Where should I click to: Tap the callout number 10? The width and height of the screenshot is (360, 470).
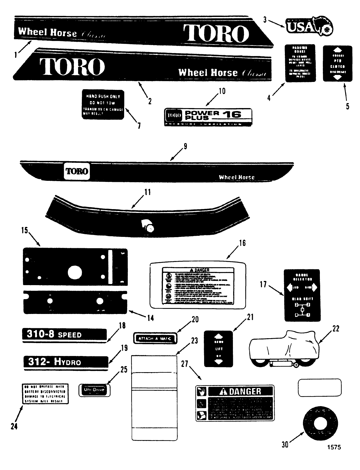click(222, 91)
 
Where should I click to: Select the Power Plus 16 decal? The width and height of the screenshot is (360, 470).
click(208, 117)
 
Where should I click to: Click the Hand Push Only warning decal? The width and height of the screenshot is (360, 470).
click(103, 104)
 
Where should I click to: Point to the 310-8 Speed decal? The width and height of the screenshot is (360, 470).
click(64, 335)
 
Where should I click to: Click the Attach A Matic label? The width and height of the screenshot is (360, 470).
click(155, 338)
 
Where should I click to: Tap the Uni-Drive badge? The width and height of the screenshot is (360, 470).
click(94, 390)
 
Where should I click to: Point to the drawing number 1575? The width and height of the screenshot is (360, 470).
click(334, 447)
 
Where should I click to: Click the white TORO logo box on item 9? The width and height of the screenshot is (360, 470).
click(77, 171)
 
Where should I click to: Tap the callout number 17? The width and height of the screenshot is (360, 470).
click(263, 284)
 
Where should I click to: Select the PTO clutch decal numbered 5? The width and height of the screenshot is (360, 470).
click(337, 64)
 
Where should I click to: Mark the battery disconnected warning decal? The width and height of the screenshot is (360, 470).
click(45, 394)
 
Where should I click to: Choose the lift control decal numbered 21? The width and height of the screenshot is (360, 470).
click(218, 349)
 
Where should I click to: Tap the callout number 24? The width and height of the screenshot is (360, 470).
click(14, 426)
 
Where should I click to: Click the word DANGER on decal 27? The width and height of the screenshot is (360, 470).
click(245, 391)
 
